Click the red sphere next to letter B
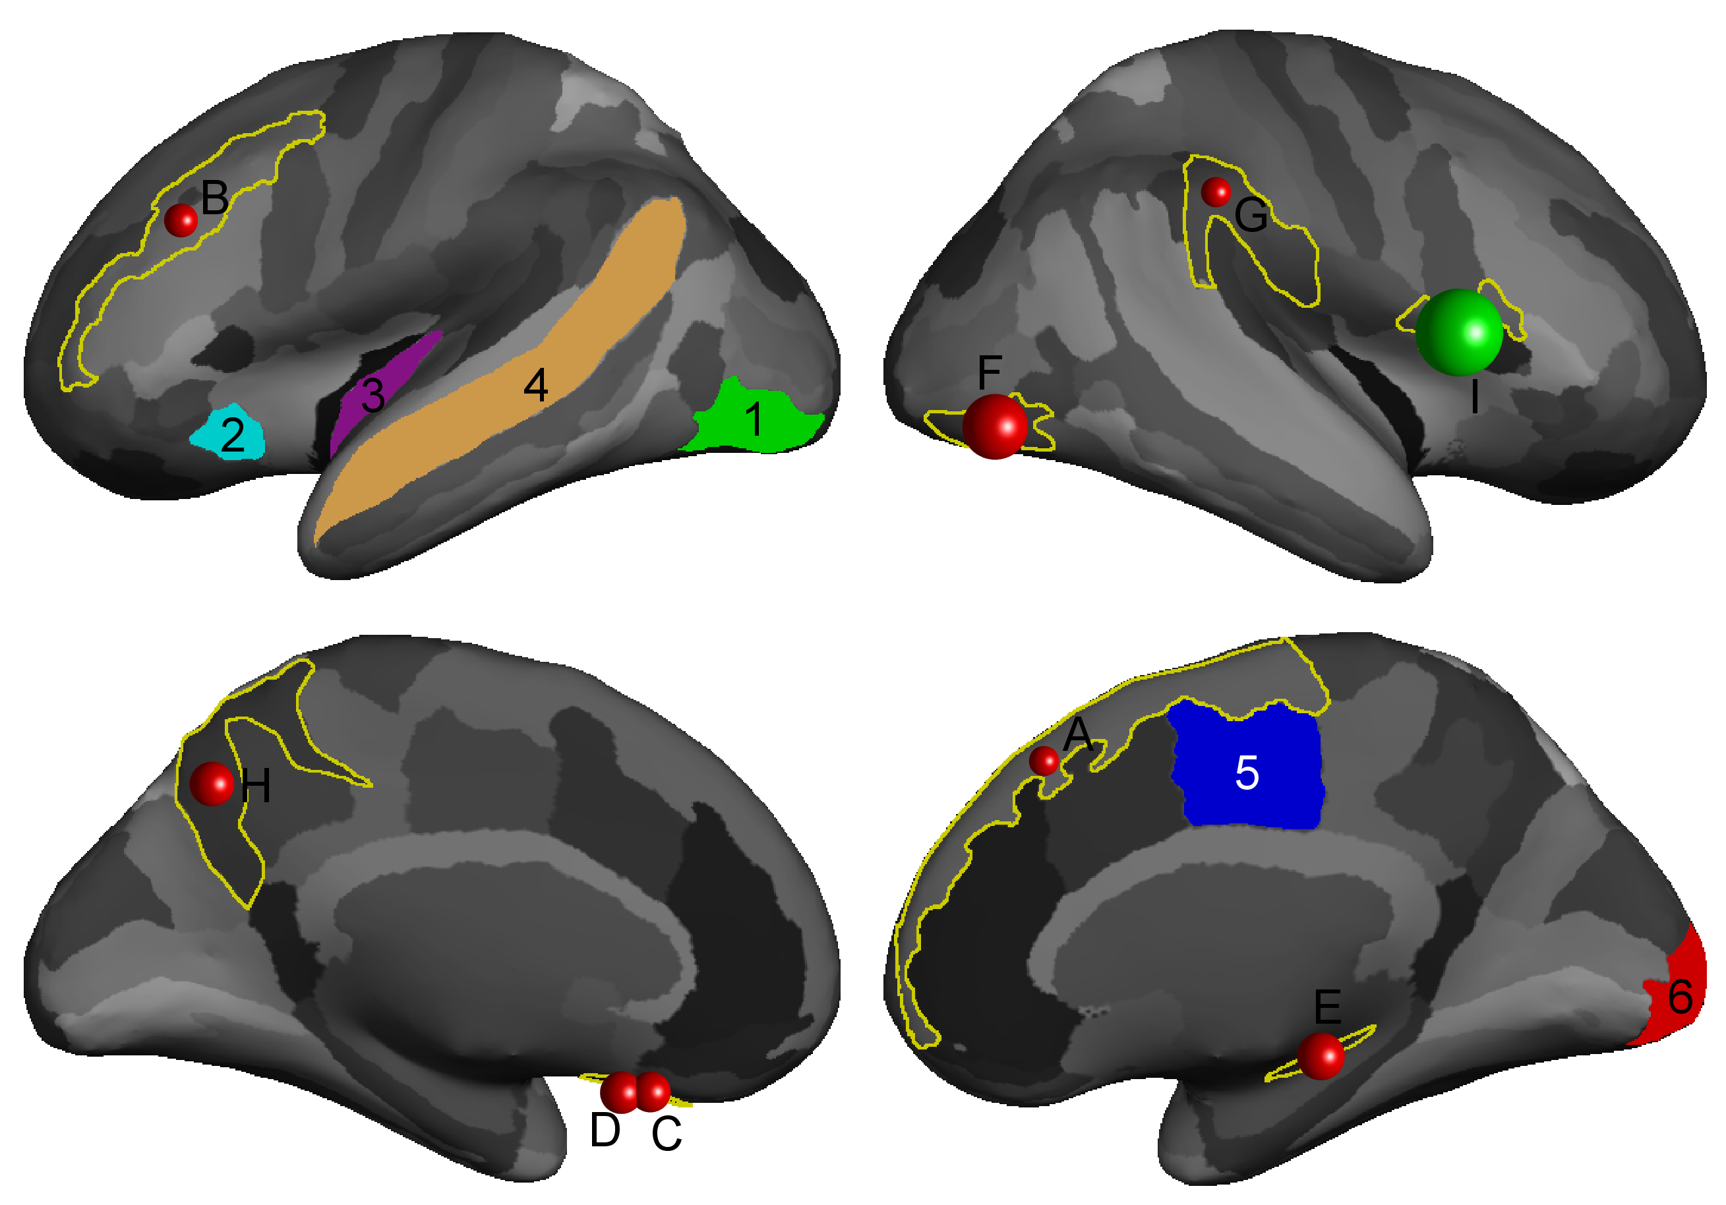[x=181, y=220]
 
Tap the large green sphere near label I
[x=1458, y=332]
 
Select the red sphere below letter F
[x=995, y=426]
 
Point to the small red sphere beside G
[x=1216, y=192]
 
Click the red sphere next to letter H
[x=212, y=783]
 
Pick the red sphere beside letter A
[x=1044, y=761]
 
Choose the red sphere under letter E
[x=1321, y=1055]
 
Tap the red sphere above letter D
[x=621, y=1092]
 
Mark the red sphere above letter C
[x=653, y=1092]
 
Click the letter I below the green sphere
[x=1475, y=396]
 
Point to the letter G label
[x=1251, y=215]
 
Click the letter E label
[x=1328, y=1007]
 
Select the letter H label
[x=256, y=786]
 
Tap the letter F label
[x=990, y=372]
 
